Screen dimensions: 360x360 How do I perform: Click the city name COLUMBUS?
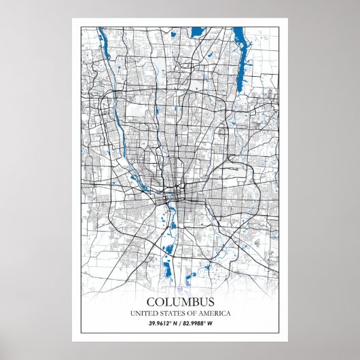[x=180, y=302]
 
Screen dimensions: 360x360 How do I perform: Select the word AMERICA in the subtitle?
[x=215, y=313]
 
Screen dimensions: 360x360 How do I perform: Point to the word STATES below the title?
[x=174, y=313]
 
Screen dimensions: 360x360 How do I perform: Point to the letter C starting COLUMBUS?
[x=150, y=302]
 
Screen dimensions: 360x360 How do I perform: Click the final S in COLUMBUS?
[x=211, y=302]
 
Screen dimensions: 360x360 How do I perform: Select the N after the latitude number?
[x=175, y=323]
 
